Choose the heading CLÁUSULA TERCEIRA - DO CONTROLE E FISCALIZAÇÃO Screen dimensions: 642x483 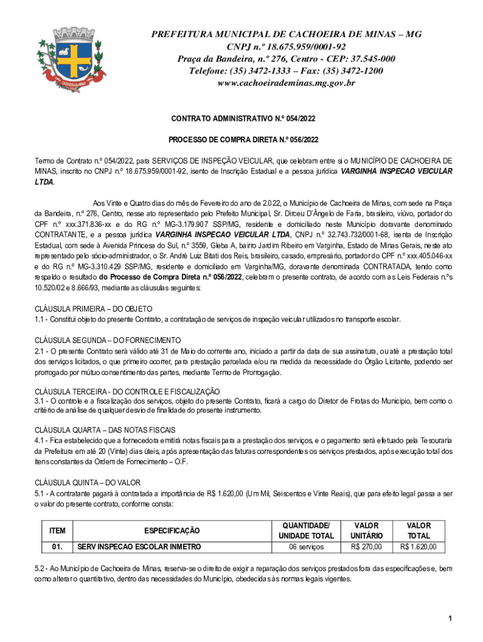tap(126, 391)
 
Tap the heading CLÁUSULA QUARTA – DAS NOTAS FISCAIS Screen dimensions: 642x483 tap(105, 430)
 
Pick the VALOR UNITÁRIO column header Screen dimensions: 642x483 tap(366, 530)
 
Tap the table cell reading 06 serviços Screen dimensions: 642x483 tap(306, 547)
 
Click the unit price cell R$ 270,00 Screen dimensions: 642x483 tap(366, 547)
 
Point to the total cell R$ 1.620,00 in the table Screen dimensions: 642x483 tap(418, 547)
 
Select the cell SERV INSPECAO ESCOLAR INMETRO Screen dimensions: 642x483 tap(139, 547)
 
